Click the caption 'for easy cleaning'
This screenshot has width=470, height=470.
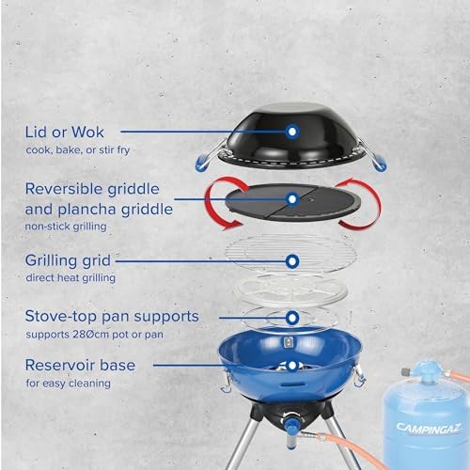pyautogui.click(x=68, y=384)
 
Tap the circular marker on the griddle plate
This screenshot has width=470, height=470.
pyautogui.click(x=292, y=198)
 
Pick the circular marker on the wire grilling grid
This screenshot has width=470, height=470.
pyautogui.click(x=292, y=260)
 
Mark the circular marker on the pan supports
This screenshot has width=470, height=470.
pyautogui.click(x=292, y=319)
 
